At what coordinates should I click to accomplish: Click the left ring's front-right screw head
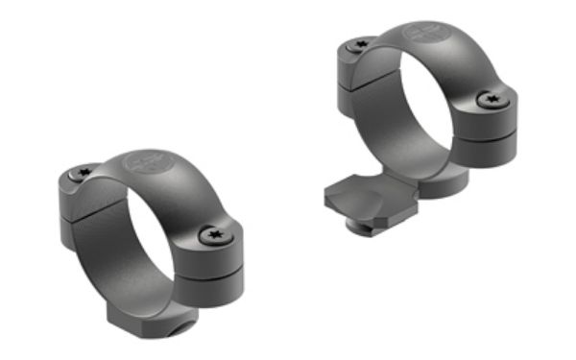211,233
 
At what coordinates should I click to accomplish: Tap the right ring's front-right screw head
489,99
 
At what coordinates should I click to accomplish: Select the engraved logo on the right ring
422,34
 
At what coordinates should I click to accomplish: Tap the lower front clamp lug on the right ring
492,146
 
